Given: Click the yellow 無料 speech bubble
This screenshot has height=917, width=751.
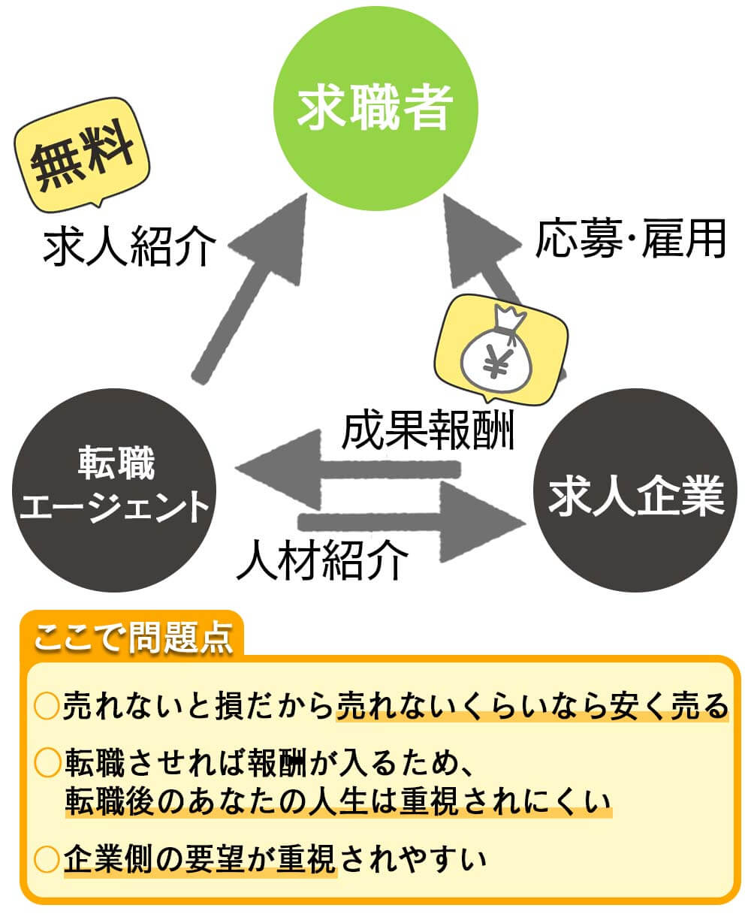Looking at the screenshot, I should coord(83,155).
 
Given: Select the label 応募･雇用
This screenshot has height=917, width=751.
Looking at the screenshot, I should coord(631,240).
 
